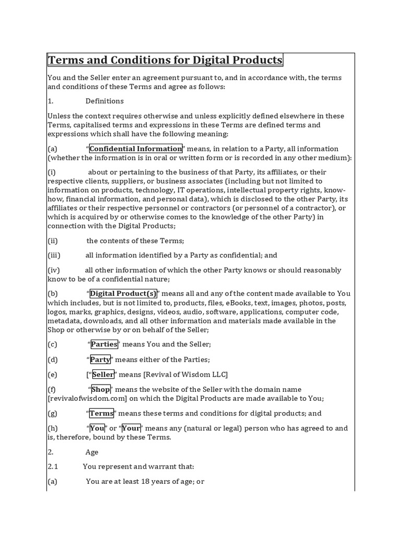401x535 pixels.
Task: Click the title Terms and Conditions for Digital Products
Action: click(x=165, y=60)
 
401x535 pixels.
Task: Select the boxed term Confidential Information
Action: click(x=136, y=149)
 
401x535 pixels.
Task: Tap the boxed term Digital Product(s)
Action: click(x=123, y=294)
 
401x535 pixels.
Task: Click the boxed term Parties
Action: click(x=104, y=344)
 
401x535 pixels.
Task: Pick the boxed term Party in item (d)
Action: click(x=100, y=359)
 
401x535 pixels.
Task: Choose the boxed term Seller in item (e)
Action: click(x=103, y=375)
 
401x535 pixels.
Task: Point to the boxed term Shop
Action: click(x=101, y=390)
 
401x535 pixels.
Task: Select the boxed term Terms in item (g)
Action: click(x=101, y=413)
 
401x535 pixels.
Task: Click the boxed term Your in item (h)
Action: click(x=132, y=428)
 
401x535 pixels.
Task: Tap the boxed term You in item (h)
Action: click(x=97, y=428)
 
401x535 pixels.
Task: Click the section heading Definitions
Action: click(x=105, y=101)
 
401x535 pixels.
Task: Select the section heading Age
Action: click(x=92, y=452)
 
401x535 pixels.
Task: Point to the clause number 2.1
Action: click(x=53, y=467)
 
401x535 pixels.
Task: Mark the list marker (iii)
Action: click(x=54, y=255)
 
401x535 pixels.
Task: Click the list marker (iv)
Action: click(x=54, y=270)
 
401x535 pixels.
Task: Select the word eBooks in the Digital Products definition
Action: click(x=251, y=303)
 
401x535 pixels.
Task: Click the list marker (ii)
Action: click(x=53, y=241)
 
